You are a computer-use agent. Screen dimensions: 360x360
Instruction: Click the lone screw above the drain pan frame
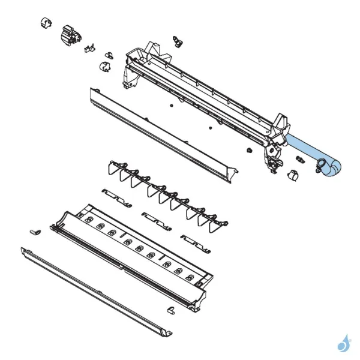[x=176, y=40]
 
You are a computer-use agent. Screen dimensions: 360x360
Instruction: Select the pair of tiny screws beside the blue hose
[x=299, y=160]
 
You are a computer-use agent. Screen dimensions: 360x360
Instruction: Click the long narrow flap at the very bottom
[x=96, y=287]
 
